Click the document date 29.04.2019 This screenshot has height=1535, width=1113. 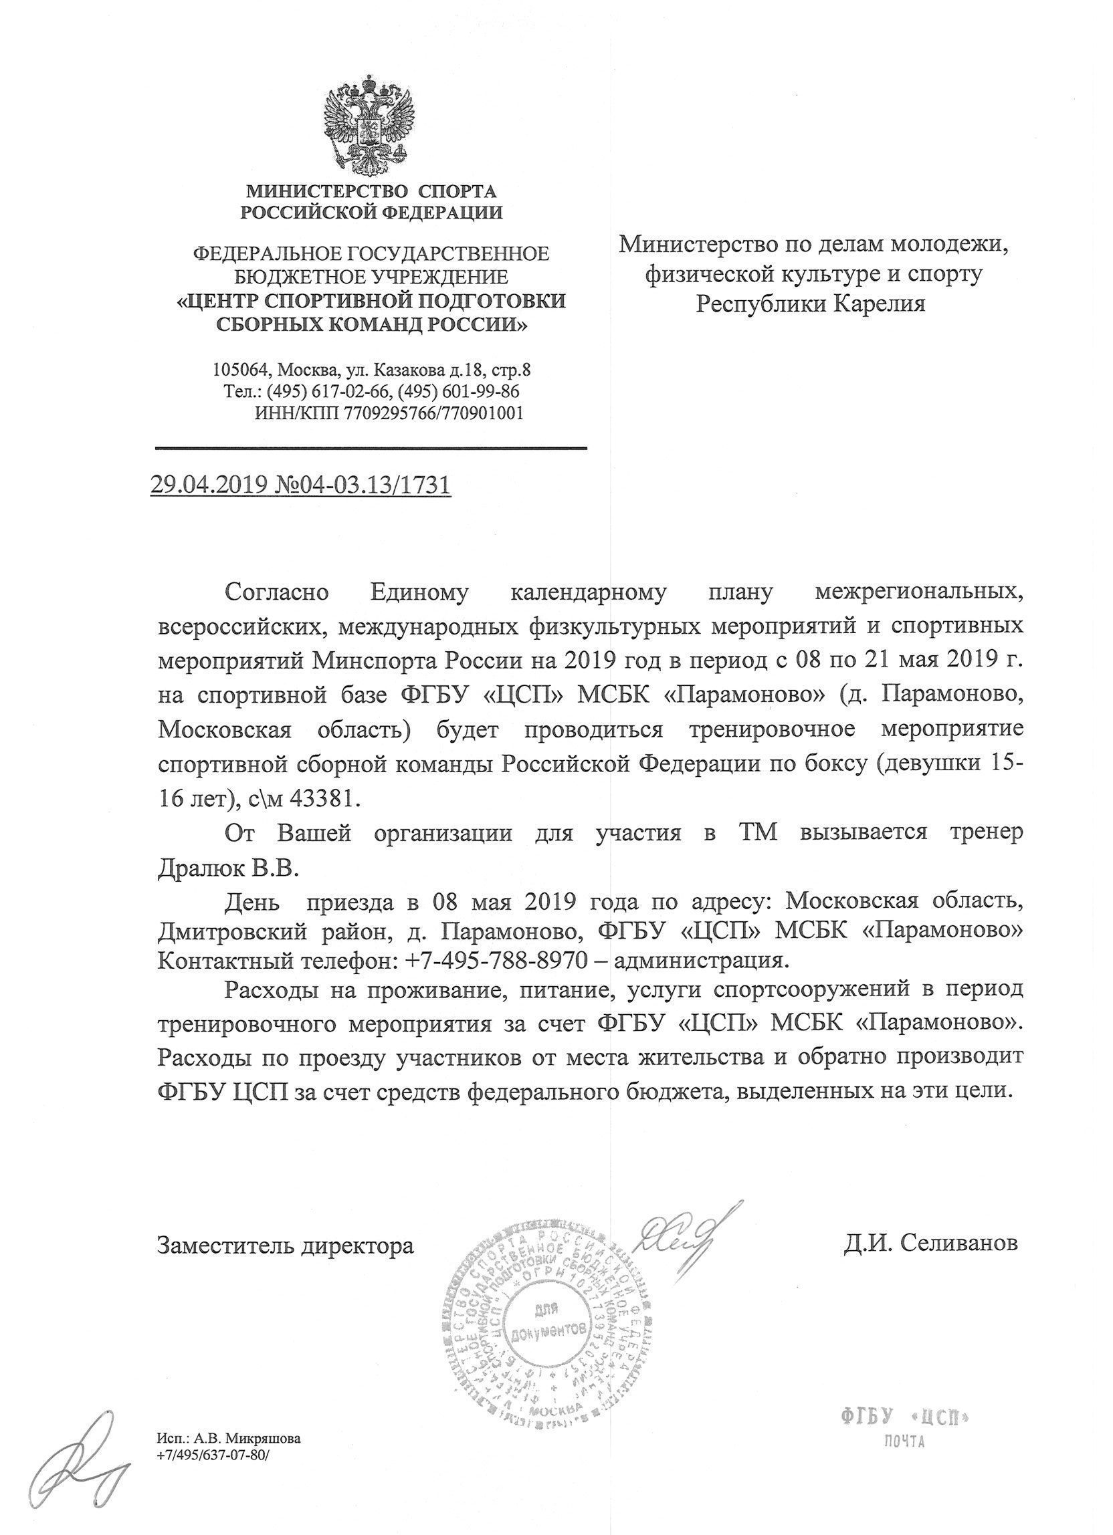coord(213,485)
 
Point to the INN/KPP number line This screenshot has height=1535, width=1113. coord(389,413)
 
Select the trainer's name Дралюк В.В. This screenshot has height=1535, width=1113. coord(227,867)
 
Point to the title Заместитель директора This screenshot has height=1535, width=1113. coord(285,1245)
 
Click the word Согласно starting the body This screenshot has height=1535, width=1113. coord(277,592)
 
